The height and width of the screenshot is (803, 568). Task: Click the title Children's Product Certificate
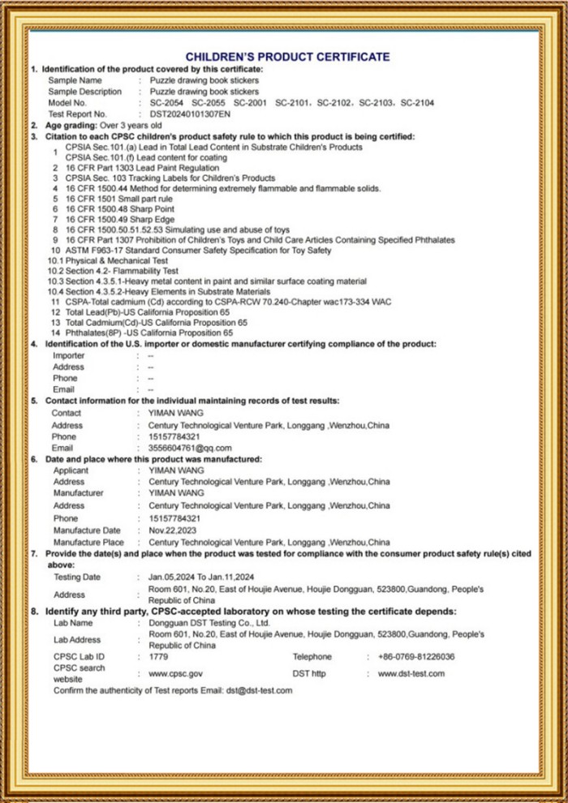[x=287, y=57]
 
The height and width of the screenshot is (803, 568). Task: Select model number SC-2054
[x=166, y=103]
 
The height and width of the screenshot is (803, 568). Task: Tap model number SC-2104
[x=417, y=103]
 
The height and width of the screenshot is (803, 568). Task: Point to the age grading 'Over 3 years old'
[x=131, y=126]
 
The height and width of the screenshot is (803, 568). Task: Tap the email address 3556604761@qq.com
[x=191, y=448]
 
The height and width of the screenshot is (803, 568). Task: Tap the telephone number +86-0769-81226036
[x=416, y=656]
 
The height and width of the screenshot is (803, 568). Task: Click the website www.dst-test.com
[x=411, y=673]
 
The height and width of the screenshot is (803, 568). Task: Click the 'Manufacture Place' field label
[x=88, y=542]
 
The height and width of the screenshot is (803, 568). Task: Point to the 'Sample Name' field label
[x=75, y=80]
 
